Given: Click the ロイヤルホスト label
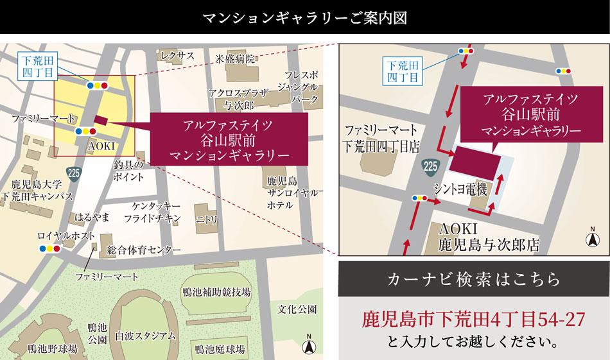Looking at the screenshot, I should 58,236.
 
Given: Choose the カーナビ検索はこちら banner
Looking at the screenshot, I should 473,280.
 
